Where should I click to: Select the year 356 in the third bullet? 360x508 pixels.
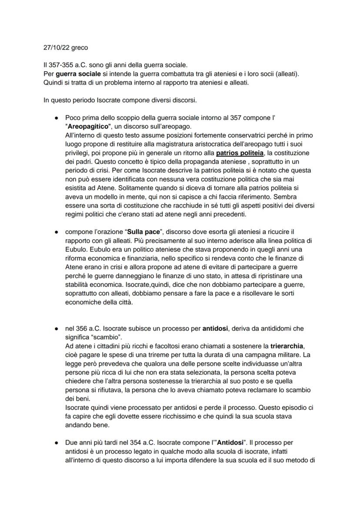[81, 329]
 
